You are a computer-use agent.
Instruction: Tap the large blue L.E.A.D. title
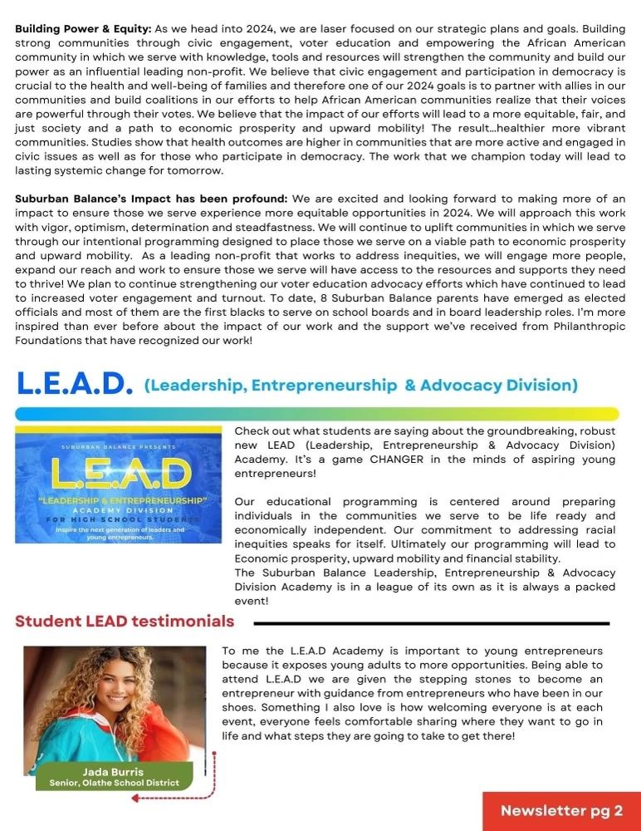coord(75,383)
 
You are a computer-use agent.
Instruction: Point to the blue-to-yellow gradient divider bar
coord(316,413)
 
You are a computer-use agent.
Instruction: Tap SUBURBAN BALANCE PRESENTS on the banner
coord(118,446)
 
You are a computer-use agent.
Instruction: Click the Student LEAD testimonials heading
coord(125,621)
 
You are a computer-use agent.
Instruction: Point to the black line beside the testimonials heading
coord(431,622)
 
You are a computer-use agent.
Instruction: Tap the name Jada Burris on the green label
coord(114,772)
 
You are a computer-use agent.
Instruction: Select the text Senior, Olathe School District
coord(114,783)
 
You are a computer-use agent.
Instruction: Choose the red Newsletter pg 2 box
coord(561,811)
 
